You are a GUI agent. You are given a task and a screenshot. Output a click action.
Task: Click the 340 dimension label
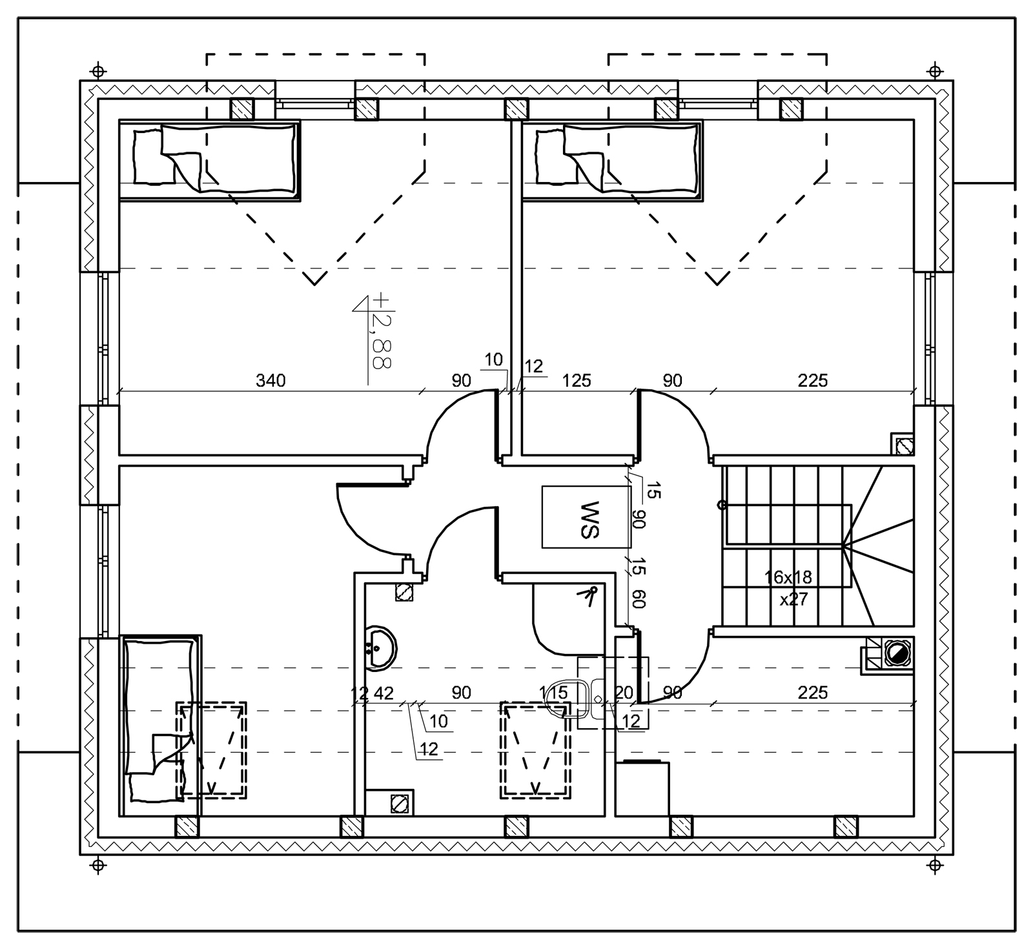point(271,381)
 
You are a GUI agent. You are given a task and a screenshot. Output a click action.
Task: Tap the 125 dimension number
point(577,381)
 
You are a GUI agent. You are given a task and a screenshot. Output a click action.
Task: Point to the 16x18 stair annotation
point(788,577)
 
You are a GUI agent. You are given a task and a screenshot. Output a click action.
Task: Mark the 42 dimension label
point(384,693)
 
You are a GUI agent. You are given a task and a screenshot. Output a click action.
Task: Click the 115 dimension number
point(554,693)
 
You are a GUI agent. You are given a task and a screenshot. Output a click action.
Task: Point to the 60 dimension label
point(639,598)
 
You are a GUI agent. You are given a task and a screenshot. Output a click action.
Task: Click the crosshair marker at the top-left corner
point(97,69)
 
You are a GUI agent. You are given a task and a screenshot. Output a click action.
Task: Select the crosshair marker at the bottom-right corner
point(934,864)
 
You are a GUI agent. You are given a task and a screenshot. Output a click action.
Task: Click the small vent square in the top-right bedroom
point(902,444)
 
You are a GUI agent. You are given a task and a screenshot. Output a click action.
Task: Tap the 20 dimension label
point(624,693)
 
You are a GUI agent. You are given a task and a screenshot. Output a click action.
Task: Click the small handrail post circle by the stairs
point(722,505)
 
